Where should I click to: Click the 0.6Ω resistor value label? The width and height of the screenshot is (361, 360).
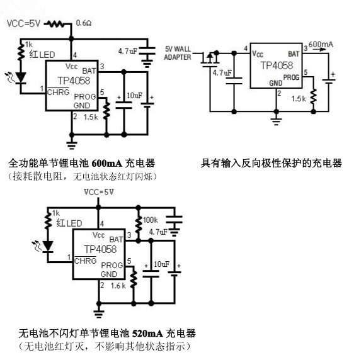pyautogui.click(x=84, y=23)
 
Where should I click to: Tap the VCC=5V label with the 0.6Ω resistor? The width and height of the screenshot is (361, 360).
pyautogui.click(x=24, y=23)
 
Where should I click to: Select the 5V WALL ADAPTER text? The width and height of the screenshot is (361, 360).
pyautogui.click(x=178, y=53)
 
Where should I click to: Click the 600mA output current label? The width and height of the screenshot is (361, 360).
pyautogui.click(x=321, y=44)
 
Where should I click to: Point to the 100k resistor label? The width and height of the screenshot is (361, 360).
pyautogui.click(x=151, y=220)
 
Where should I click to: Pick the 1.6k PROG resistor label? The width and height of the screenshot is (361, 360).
pyautogui.click(x=118, y=286)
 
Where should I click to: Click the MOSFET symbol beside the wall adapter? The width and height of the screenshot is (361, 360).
pyautogui.click(x=210, y=59)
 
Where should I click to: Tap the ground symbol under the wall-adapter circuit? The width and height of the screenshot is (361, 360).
pyautogui.click(x=276, y=120)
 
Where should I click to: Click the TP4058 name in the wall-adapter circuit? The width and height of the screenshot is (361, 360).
pyautogui.click(x=277, y=65)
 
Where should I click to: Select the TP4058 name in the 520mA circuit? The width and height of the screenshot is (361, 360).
pyautogui.click(x=100, y=249)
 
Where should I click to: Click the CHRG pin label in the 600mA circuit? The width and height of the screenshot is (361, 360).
pyautogui.click(x=58, y=92)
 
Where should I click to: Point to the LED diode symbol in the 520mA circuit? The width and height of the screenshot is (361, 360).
pyautogui.click(x=48, y=247)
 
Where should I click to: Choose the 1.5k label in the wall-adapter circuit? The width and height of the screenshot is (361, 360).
pyautogui.click(x=299, y=98)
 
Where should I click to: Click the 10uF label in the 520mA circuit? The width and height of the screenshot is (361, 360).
pyautogui.click(x=162, y=264)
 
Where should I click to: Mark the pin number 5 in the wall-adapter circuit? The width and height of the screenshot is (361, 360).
pyautogui.click(x=306, y=72)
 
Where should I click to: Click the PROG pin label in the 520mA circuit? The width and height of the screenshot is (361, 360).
pyautogui.click(x=112, y=265)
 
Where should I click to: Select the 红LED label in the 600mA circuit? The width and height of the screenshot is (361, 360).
pyautogui.click(x=42, y=55)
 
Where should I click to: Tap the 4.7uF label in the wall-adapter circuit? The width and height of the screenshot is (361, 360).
pyautogui.click(x=222, y=73)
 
